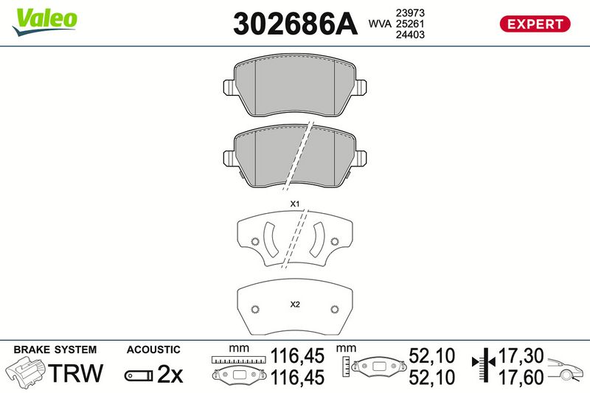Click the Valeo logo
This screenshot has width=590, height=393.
point(44,22)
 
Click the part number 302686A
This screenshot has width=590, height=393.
point(295,24)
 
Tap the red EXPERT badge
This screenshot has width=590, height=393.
point(535,24)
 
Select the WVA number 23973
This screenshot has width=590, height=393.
point(410,13)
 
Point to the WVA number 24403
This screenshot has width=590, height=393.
point(410,35)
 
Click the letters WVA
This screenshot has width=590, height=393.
point(380,24)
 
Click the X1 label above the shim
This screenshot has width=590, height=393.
point(294,204)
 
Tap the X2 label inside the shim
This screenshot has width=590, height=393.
point(295,305)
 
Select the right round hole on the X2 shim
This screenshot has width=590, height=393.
point(335,309)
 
